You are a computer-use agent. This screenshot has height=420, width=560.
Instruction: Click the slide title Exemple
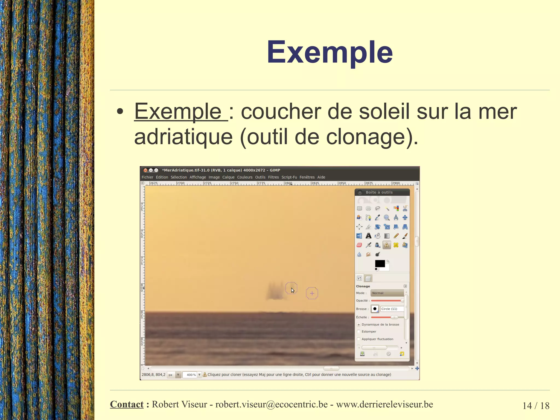tap(329, 52)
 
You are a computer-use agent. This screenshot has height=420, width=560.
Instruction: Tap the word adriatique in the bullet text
tap(183, 137)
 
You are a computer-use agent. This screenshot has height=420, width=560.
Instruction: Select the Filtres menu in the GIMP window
tap(273, 177)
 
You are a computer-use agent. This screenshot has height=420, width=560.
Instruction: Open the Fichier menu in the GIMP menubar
tap(147, 177)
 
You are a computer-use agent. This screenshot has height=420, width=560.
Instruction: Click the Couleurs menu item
tap(244, 177)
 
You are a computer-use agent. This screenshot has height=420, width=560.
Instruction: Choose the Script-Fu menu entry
tap(289, 177)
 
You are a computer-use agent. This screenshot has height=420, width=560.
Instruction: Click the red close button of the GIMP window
tap(145, 170)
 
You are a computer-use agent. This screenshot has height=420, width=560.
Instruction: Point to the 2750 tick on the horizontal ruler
tap(234, 183)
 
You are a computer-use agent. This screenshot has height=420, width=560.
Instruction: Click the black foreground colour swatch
tap(380, 263)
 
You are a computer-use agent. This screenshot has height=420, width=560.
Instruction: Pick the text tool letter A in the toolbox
tap(368, 236)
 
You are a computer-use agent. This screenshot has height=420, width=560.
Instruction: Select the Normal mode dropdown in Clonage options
tap(387, 293)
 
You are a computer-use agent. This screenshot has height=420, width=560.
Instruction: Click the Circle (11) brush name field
tap(392, 309)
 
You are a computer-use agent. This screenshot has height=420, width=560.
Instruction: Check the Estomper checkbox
tap(359, 332)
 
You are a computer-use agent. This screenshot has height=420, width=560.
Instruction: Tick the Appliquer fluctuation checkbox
tap(359, 339)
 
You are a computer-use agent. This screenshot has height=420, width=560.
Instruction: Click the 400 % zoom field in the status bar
tap(191, 375)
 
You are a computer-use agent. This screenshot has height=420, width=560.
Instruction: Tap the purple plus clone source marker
tap(312, 293)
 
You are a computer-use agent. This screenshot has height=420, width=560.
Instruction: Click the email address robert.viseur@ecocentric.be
tap(271, 404)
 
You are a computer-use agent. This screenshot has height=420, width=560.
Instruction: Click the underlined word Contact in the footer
tap(127, 404)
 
